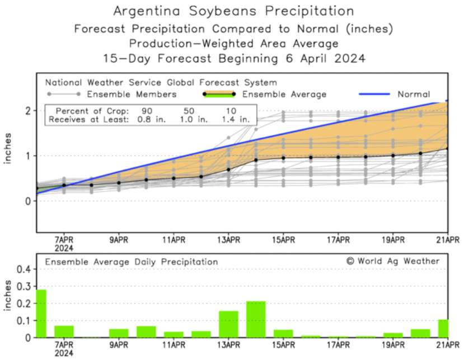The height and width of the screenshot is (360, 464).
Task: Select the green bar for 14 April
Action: [256, 319]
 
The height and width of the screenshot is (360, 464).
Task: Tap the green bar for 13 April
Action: [228, 324]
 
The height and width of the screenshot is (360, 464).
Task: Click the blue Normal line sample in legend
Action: [373, 94]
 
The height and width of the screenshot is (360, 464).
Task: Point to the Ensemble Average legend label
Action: [284, 94]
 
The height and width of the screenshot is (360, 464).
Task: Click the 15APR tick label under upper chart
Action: [283, 240]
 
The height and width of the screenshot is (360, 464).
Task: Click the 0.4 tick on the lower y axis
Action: [24, 269]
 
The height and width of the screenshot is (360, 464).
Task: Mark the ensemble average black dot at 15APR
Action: [283, 158]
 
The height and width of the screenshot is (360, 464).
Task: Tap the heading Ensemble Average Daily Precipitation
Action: [132, 261]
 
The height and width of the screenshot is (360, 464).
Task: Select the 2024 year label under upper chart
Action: [64, 247]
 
